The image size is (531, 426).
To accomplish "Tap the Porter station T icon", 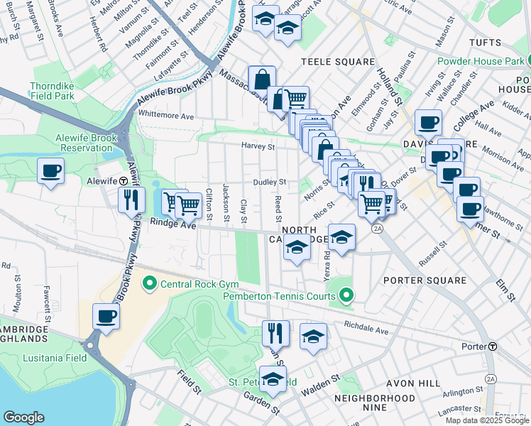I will pyautogui.click(x=492, y=346).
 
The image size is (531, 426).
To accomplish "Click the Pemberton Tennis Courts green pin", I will pyautogui.click(x=346, y=294).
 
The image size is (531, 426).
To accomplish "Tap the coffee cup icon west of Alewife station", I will pyautogui.click(x=51, y=171).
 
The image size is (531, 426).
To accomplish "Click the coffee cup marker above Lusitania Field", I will pyautogui.click(x=106, y=317).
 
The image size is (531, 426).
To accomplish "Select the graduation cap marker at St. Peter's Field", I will pyautogui.click(x=273, y=379).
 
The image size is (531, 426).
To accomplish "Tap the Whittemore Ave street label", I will pyautogui.click(x=166, y=116).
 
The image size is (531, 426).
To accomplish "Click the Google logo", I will pyautogui.click(x=23, y=417).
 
